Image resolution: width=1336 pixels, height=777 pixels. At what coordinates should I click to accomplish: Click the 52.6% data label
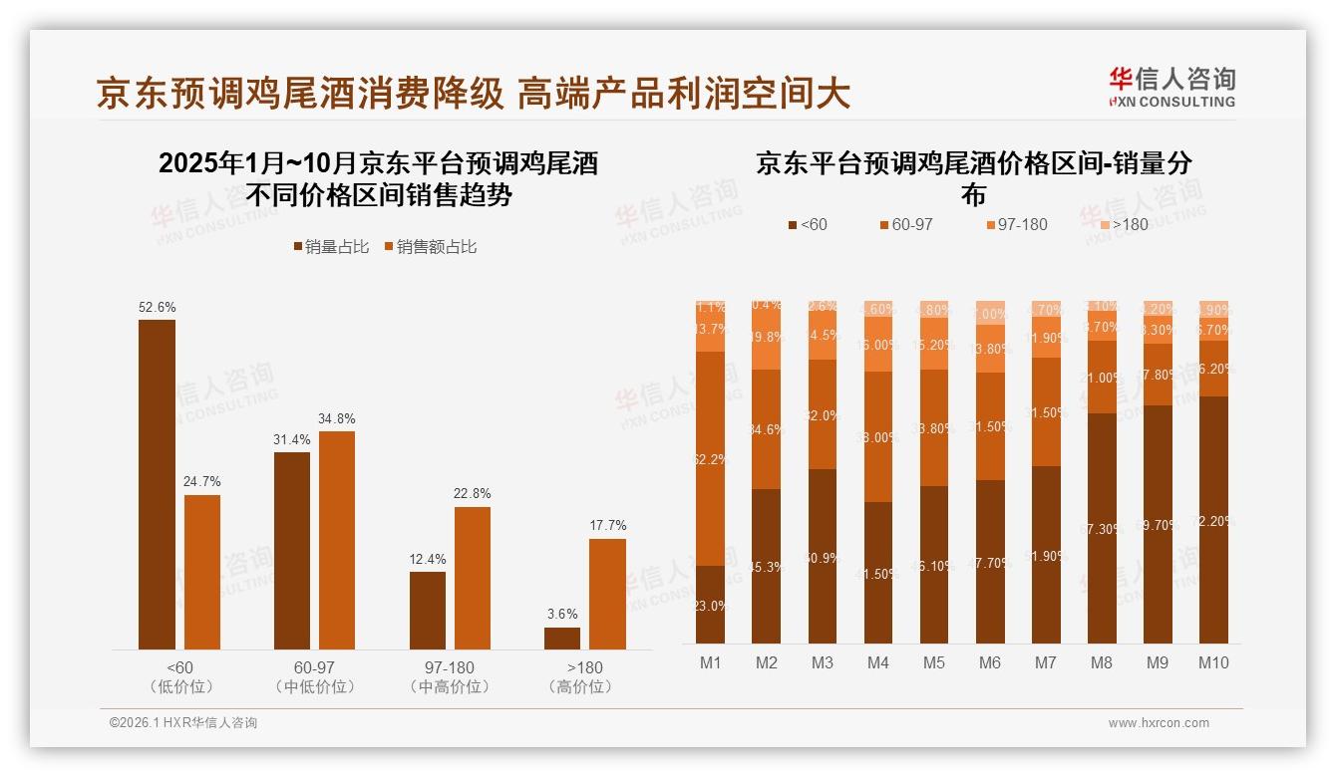[157, 308]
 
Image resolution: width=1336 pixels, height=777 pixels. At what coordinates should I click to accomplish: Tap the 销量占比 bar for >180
[562, 638]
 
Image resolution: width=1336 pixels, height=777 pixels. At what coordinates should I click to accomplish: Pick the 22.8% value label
[472, 494]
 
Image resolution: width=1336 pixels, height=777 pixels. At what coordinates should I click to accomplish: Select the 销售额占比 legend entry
[430, 247]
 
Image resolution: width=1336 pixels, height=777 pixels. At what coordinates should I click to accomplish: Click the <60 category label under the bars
[179, 667]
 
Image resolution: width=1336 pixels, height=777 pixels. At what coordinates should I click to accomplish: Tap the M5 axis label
[934, 662]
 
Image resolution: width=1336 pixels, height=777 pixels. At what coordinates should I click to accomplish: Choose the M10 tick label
[1213, 662]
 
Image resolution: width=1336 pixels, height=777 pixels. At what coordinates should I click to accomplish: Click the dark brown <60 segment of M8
[1102, 528]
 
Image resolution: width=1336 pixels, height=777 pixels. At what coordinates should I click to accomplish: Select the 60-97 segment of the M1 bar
[711, 458]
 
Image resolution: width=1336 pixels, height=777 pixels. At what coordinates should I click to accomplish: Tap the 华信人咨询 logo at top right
[1172, 87]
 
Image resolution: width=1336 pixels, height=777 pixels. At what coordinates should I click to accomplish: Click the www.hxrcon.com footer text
[1159, 723]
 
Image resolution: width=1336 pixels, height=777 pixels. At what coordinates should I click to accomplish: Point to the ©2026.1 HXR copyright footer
[183, 723]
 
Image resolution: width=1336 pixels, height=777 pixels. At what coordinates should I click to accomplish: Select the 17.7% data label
[607, 526]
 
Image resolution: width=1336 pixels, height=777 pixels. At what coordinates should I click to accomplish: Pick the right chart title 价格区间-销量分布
[973, 176]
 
